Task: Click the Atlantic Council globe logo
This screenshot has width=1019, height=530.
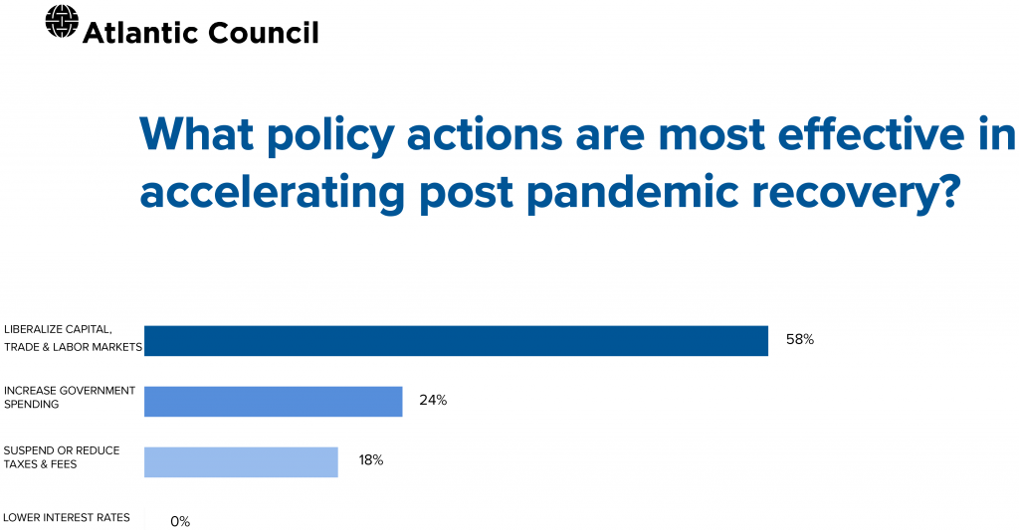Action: (62, 22)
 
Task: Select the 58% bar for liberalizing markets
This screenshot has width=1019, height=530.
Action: (456, 341)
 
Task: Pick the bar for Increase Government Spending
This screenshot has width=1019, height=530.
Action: (273, 402)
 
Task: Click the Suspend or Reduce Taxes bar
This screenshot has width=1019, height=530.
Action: (241, 461)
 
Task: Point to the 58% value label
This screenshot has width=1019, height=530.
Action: (800, 340)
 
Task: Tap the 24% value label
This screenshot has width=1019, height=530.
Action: (433, 400)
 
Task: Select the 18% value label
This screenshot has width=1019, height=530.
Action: (371, 460)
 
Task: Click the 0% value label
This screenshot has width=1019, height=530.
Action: (180, 522)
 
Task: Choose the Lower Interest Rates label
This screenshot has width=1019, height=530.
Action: (67, 518)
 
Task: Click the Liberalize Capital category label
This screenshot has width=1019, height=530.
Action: (73, 338)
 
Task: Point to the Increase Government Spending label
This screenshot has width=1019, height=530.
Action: (70, 397)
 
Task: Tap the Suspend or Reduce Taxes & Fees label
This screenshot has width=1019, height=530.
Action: (62, 457)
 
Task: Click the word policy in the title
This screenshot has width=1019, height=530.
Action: (330, 136)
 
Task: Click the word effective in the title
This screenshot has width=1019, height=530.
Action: (871, 133)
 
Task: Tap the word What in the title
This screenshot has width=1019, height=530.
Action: (197, 134)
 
